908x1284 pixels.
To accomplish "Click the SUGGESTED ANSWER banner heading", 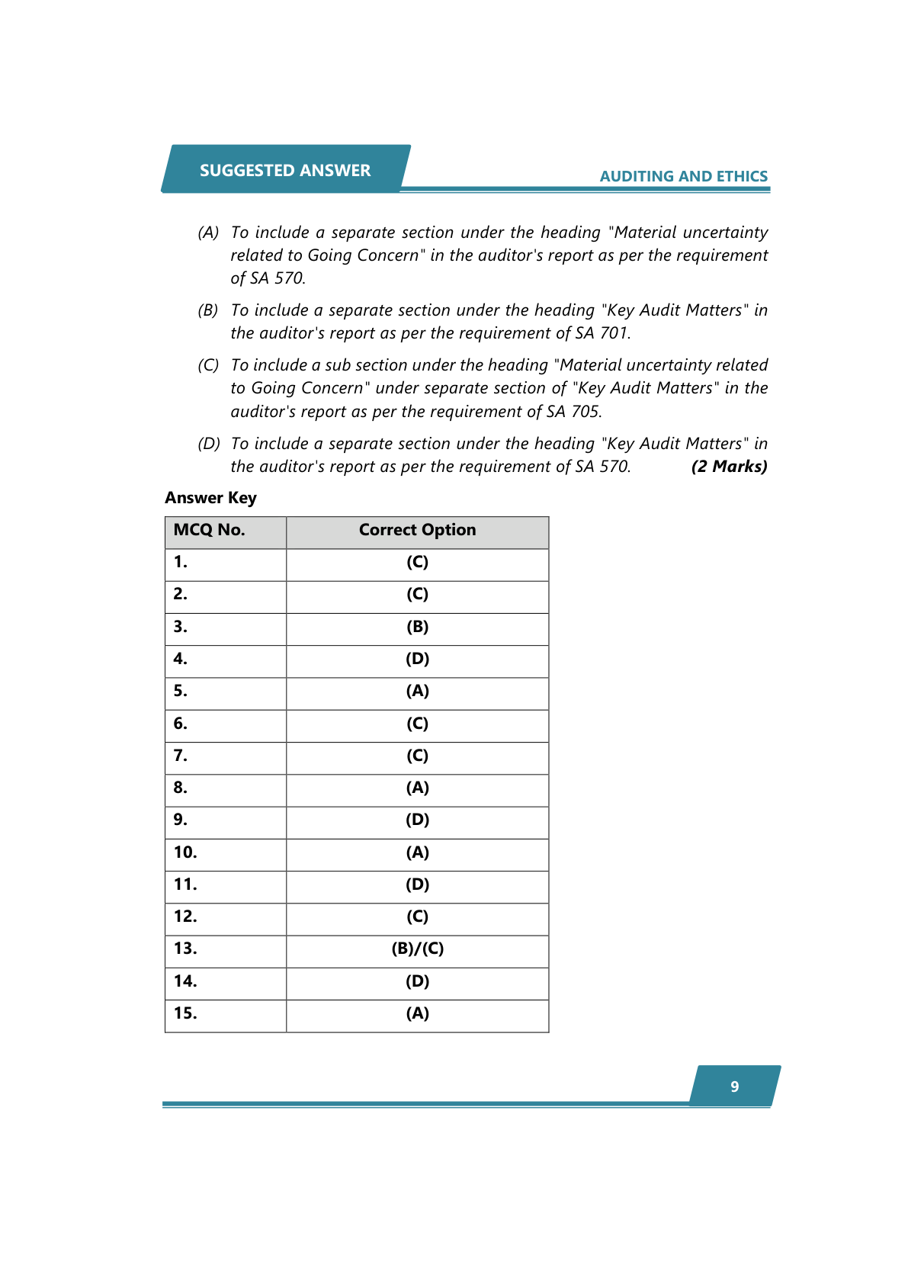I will pyautogui.click(x=285, y=170).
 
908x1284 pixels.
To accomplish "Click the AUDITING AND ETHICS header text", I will pyautogui.click(x=683, y=176).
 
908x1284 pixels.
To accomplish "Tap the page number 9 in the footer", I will pyautogui.click(x=734, y=1087).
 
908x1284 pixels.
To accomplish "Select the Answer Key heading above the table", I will pyautogui.click(x=210, y=498).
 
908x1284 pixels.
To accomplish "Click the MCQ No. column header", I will pyautogui.click(x=209, y=530).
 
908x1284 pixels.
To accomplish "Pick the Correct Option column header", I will pyautogui.click(x=417, y=530).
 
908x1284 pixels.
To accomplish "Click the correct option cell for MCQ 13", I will pyautogui.click(x=417, y=949).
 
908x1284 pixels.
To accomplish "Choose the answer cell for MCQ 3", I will pyautogui.click(x=417, y=627).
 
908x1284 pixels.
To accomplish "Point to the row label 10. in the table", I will pyautogui.click(x=185, y=852).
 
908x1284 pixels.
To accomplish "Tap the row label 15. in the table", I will pyautogui.click(x=185, y=1013).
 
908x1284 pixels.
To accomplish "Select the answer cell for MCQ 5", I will pyautogui.click(x=417, y=691).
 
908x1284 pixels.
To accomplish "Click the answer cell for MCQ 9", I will pyautogui.click(x=417, y=820).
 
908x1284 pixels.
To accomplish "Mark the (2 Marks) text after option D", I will pyautogui.click(x=729, y=467).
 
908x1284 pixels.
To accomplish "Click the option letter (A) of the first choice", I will pyautogui.click(x=208, y=233).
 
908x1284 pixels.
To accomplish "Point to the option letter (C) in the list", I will pyautogui.click(x=208, y=365).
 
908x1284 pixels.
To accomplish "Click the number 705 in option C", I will pyautogui.click(x=586, y=412).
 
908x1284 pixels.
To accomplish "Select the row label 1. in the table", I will pyautogui.click(x=181, y=562).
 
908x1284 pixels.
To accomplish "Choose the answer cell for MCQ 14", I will pyautogui.click(x=417, y=981).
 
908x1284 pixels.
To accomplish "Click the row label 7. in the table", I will pyautogui.click(x=181, y=756).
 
